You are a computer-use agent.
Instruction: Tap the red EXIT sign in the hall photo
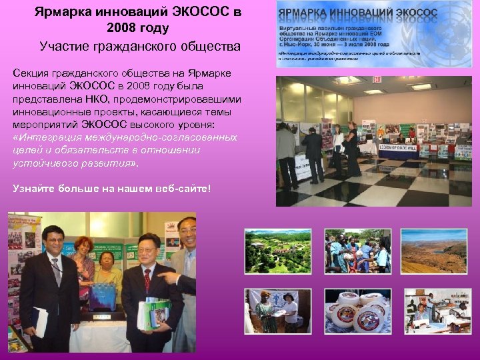pos(377,79)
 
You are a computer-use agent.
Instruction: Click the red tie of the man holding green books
pos(147,281)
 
